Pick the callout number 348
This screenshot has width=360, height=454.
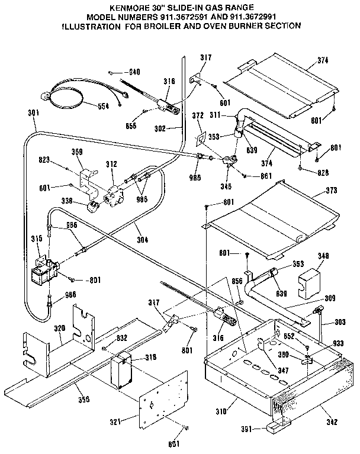coord(323,256)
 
